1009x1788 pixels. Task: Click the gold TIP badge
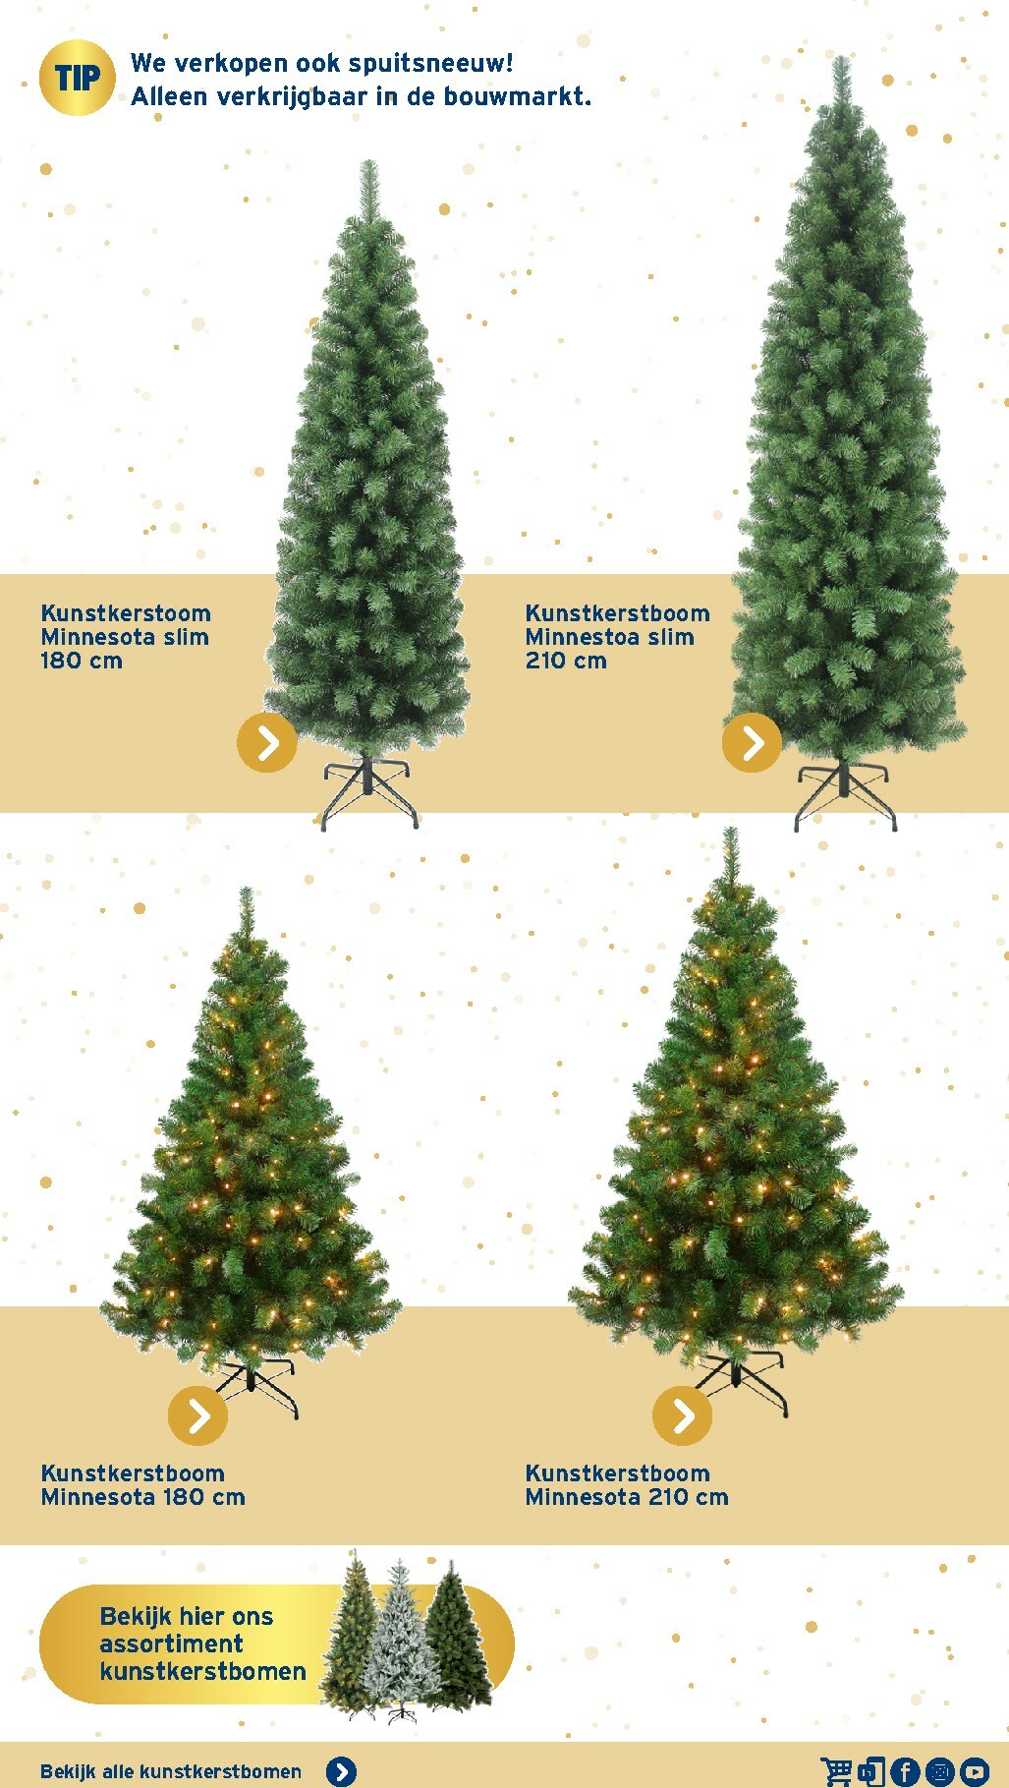click(x=77, y=78)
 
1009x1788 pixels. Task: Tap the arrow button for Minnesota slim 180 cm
click(x=267, y=742)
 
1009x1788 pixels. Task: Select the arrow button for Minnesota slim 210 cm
click(x=752, y=742)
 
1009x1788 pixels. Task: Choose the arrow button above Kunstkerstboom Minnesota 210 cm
click(x=683, y=1415)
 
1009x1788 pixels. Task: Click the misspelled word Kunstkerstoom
click(x=126, y=613)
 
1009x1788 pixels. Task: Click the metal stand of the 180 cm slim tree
click(x=369, y=792)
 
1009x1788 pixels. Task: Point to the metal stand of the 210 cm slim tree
click(x=845, y=795)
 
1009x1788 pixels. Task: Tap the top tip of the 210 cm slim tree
click(x=841, y=57)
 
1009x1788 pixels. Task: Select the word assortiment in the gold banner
click(x=172, y=1644)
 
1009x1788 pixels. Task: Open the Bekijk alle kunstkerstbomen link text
click(x=171, y=1771)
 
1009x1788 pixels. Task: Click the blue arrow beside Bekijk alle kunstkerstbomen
click(x=341, y=1771)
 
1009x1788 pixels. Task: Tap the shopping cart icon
click(x=836, y=1771)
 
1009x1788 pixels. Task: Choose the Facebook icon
click(x=905, y=1771)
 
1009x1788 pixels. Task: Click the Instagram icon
click(x=939, y=1771)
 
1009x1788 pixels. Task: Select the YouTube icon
click(x=974, y=1771)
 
